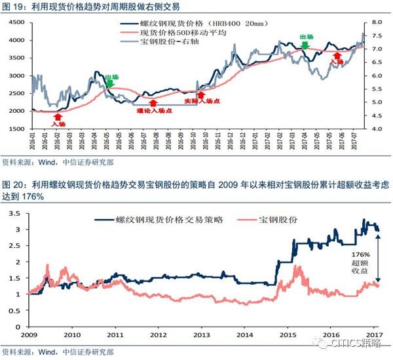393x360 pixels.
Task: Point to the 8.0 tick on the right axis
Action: point(376,22)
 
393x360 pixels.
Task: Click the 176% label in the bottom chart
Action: point(361,252)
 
